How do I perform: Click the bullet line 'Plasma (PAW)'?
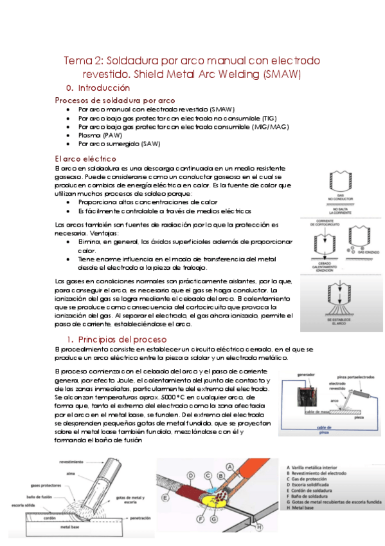[98, 135]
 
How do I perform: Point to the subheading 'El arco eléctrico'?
[85, 158]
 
